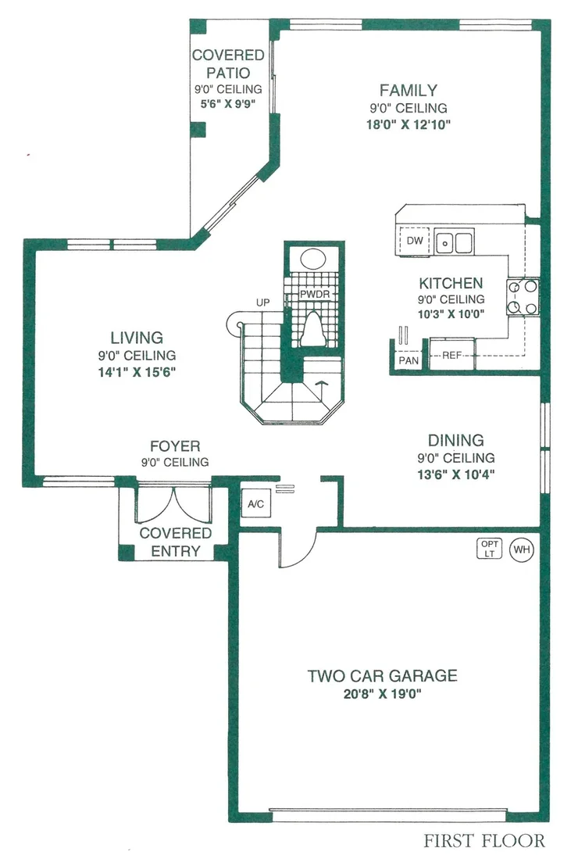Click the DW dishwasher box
414,242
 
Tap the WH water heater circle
521,549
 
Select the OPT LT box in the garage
489,549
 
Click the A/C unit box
255,503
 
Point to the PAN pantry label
409,360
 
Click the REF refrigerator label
451,355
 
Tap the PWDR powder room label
315,295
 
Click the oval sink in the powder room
313,259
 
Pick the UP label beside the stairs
263,302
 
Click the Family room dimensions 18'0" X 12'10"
409,124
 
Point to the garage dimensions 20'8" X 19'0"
382,694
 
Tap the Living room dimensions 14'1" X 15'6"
137,372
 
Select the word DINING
456,440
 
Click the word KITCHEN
451,284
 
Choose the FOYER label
175,446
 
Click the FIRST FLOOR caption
484,841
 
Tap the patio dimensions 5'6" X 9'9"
228,104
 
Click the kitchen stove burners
523,297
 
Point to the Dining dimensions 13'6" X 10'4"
456,474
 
